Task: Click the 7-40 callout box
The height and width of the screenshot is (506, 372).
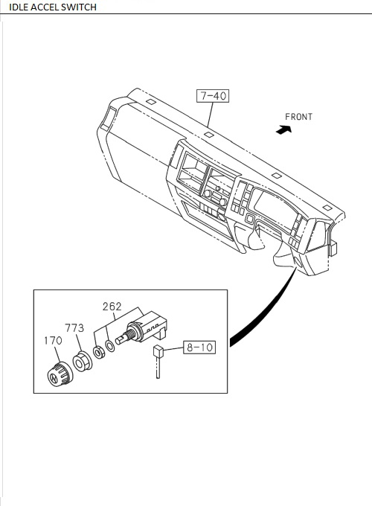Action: coord(211,95)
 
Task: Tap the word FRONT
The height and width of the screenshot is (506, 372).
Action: coord(298,117)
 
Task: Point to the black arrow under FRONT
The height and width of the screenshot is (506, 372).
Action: coord(283,129)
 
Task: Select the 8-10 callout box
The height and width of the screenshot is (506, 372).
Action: coord(199,346)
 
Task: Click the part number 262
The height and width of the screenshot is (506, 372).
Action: coord(112,306)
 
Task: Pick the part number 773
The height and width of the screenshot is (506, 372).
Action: coord(74,327)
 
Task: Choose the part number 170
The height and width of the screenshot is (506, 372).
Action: coord(53,342)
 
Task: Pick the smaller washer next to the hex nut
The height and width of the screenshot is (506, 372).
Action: coord(98,350)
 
